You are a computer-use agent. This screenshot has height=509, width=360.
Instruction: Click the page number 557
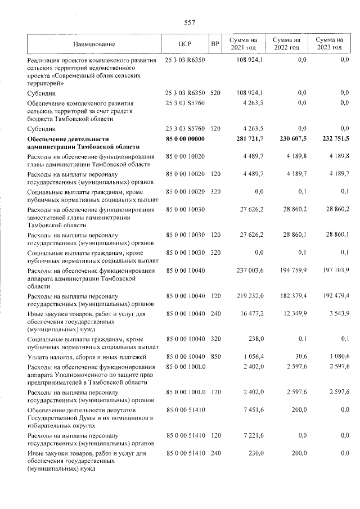(x=190, y=22)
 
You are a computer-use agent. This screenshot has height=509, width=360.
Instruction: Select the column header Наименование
(x=94, y=44)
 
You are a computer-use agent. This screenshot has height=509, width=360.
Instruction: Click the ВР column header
(x=214, y=44)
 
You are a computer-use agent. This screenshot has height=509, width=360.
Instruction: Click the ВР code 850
(x=215, y=357)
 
